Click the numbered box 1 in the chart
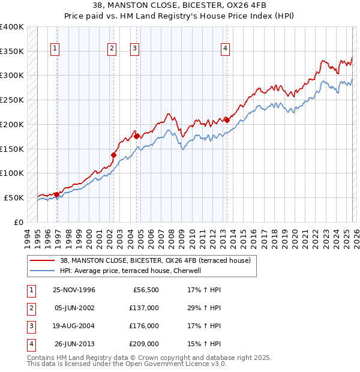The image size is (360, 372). (55, 49)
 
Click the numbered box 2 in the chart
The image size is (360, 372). (112, 49)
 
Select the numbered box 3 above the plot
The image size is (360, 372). (134, 49)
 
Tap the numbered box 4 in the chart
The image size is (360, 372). (225, 49)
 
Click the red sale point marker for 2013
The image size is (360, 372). (227, 119)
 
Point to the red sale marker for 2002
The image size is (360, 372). (113, 155)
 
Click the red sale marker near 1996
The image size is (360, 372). (56, 194)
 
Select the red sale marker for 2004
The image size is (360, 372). (136, 136)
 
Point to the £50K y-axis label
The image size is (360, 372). (14, 197)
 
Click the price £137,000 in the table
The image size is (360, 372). (143, 308)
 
